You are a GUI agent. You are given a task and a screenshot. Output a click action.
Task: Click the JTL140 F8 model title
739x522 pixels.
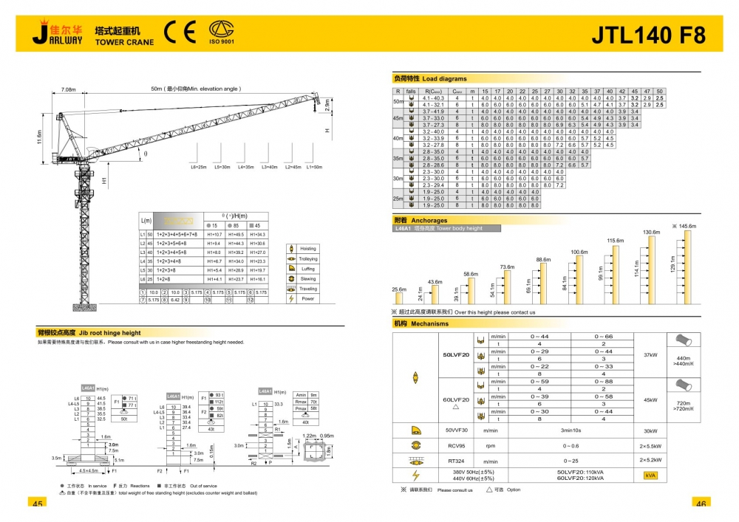click(649, 34)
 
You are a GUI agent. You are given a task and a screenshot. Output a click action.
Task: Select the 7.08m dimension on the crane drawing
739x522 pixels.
click(69, 89)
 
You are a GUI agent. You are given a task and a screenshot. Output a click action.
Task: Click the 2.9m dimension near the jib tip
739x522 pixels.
click(329, 107)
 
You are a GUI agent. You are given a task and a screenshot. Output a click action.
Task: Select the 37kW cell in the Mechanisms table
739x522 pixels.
click(650, 354)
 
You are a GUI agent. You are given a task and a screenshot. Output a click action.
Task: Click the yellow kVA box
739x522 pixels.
click(650, 475)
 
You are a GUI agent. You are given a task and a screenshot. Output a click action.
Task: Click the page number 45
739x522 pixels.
click(37, 503)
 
